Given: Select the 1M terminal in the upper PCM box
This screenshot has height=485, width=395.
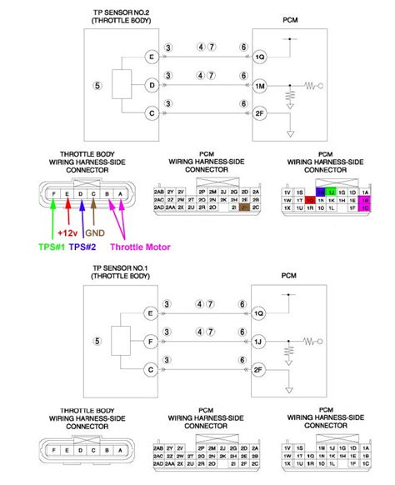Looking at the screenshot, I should click(260, 85).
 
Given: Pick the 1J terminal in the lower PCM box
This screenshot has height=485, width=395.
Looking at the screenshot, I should click(260, 340).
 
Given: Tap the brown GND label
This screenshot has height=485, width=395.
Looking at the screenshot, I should click(94, 233).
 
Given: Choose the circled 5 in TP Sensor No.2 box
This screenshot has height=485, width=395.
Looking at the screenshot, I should click(97, 85).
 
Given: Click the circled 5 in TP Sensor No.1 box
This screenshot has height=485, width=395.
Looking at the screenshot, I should click(97, 340).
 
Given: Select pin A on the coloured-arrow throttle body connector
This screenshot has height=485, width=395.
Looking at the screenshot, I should click(122, 194).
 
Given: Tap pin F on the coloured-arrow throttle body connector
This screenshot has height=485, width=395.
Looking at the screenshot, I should click(53, 194).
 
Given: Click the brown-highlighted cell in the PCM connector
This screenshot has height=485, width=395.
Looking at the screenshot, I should click(243, 207).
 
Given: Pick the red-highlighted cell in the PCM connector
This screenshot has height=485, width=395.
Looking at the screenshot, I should click(310, 201).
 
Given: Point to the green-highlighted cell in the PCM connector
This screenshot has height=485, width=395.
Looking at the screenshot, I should click(331, 192).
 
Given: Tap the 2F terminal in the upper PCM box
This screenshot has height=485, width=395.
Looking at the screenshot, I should click(260, 112).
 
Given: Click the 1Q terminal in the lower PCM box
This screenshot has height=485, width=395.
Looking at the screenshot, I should click(260, 312).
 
